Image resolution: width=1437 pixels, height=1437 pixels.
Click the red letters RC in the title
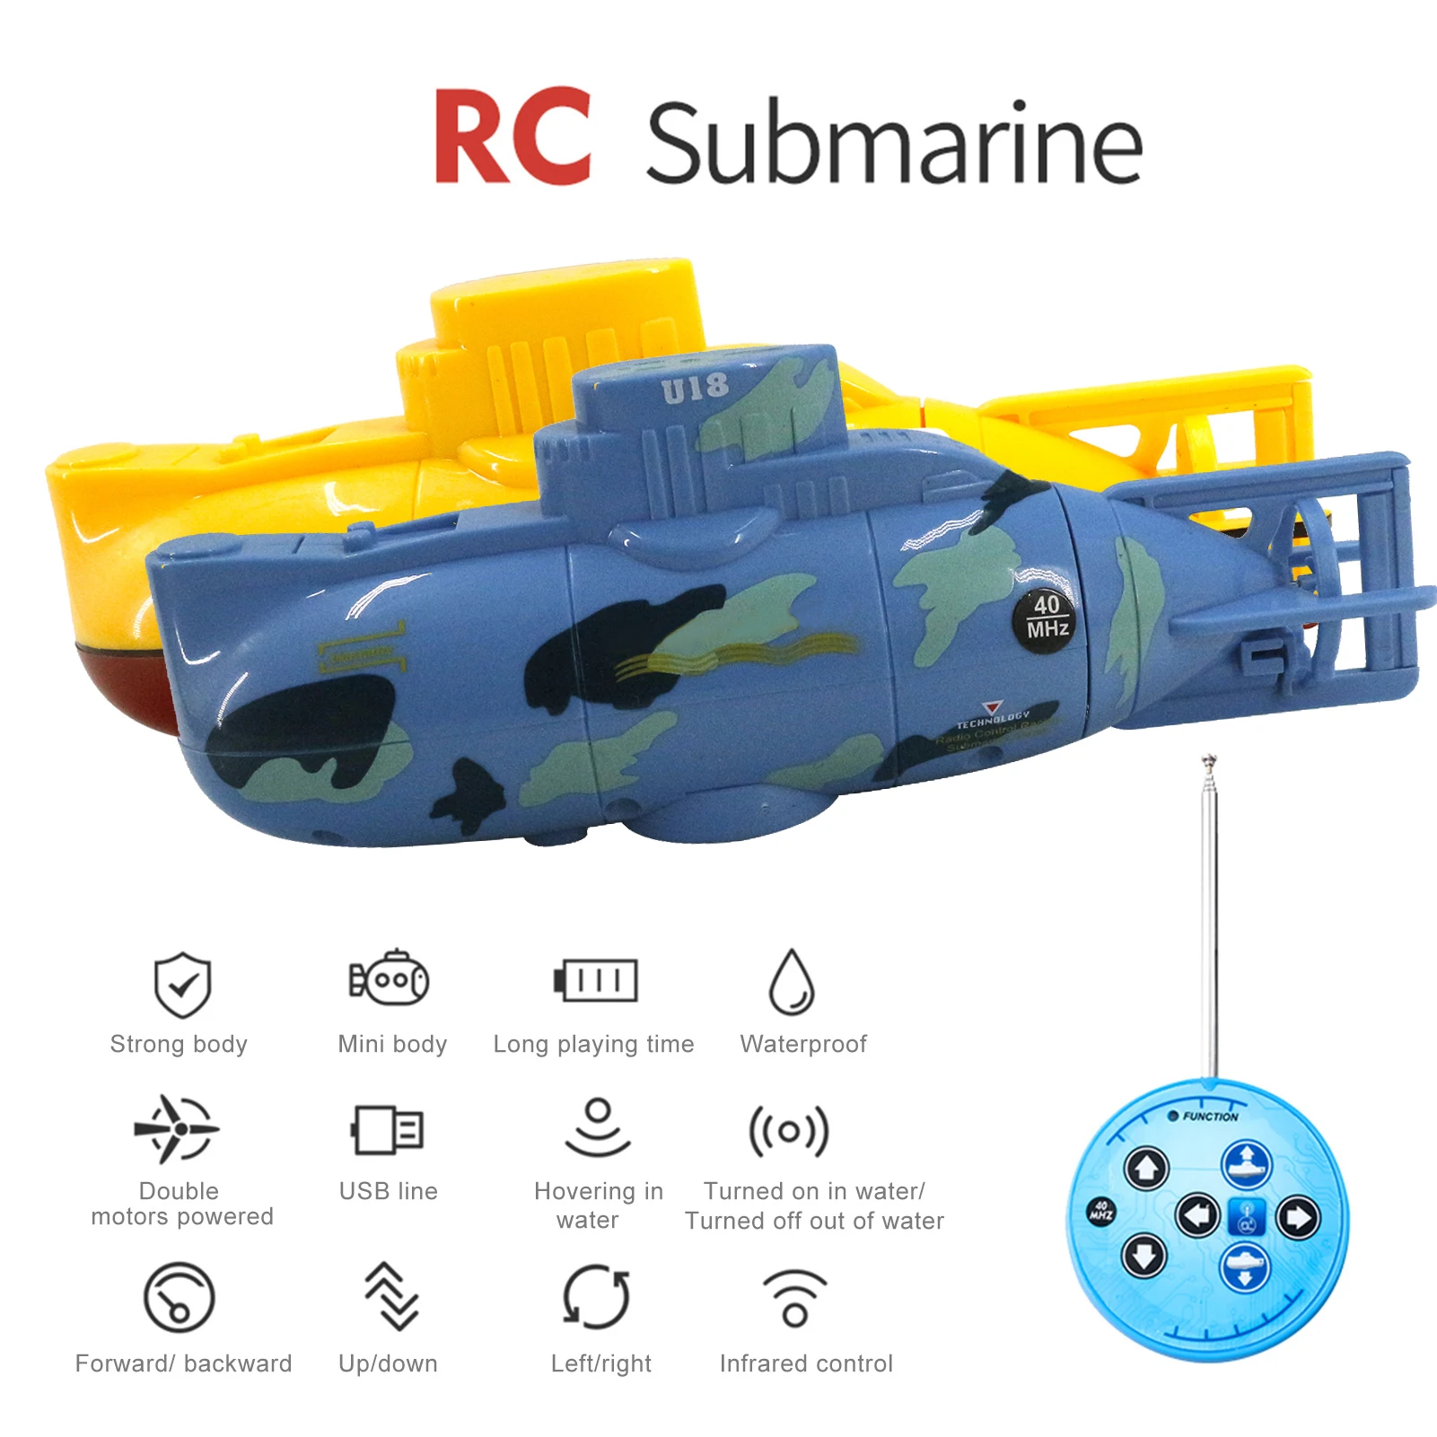tap(513, 136)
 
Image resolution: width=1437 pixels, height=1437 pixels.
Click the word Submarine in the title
tap(894, 144)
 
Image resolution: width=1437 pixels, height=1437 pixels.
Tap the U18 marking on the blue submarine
tap(695, 389)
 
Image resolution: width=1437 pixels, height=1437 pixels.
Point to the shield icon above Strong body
tap(182, 985)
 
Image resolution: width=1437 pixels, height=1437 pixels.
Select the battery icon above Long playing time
tap(595, 980)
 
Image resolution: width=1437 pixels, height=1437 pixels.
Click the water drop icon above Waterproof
tap(792, 982)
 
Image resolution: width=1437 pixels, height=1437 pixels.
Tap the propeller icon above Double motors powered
tap(177, 1128)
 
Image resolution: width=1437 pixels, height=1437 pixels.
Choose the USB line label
tap(388, 1191)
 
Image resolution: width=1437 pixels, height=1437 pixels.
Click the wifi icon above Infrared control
tap(794, 1299)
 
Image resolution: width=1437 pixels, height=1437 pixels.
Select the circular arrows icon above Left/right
tap(596, 1297)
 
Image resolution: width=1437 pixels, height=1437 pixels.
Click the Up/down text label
tap(388, 1363)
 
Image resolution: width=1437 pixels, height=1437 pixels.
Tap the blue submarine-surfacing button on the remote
tap(1246, 1164)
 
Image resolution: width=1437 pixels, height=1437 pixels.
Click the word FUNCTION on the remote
tap(1210, 1117)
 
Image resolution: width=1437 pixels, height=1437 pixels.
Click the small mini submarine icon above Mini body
tap(390, 979)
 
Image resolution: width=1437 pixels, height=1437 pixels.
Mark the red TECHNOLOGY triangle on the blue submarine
tap(991, 708)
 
